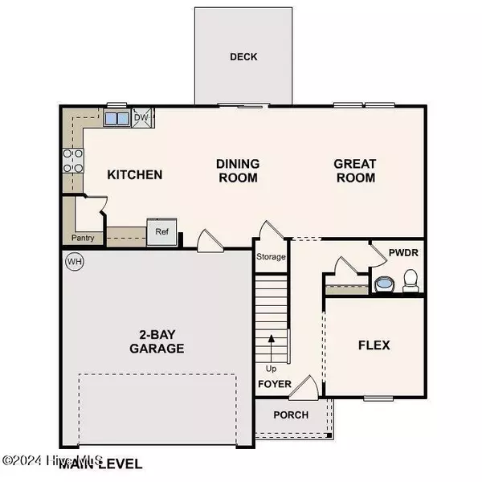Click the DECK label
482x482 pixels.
coord(243,57)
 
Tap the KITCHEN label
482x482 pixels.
coord(136,174)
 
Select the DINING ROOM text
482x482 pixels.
coord(237,170)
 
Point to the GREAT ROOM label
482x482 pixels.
coord(355,170)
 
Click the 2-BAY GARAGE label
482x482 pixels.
coord(157,341)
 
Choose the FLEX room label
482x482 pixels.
coord(374,345)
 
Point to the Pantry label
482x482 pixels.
coord(83,238)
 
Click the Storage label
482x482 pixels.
coord(271,258)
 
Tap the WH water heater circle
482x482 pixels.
coord(75,261)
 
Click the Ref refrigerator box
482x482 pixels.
coord(161,231)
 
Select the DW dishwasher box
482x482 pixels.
coord(141,117)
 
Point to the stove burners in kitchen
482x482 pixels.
coord(74,161)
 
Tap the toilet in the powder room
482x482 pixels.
coord(411,280)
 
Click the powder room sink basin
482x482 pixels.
coord(383,284)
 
